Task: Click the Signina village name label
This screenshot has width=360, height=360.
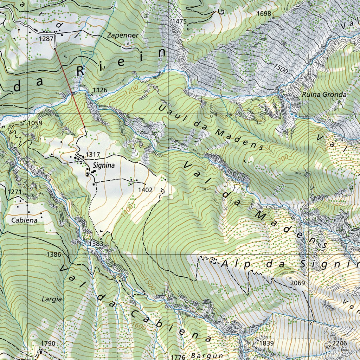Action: [x=104, y=165]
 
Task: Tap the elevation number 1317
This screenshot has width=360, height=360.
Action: [x=93, y=155]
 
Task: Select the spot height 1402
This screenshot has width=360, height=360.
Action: [x=145, y=190]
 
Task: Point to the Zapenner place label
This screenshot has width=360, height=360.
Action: [x=123, y=36]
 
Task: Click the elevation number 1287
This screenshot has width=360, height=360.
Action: [x=46, y=38]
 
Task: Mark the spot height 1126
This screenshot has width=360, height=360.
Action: [x=100, y=90]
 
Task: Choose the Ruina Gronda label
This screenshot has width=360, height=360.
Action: [x=324, y=95]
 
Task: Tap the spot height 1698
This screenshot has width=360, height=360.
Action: [x=264, y=13]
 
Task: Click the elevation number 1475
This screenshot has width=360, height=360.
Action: [x=179, y=21]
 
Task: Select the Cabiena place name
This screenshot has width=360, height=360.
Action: [x=24, y=220]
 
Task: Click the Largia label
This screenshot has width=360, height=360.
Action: [x=52, y=300]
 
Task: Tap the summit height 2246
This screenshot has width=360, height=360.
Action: [x=340, y=343]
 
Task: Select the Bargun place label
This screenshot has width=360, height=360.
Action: [x=207, y=355]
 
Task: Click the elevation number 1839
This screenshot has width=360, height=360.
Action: [x=266, y=343]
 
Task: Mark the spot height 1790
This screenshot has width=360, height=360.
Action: [x=48, y=343]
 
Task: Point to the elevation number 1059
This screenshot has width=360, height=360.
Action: [x=35, y=123]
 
